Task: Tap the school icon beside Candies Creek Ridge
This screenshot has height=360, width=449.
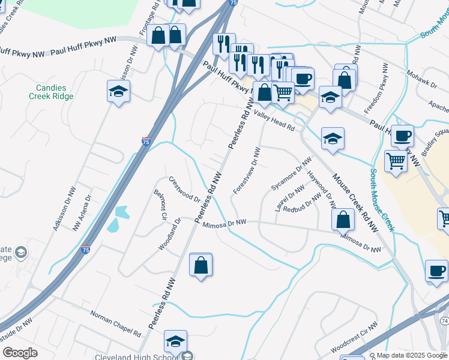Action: pos(119,92)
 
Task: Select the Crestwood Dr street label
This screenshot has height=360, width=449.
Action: pos(184,188)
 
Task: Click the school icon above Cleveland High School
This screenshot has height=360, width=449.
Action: pos(175,342)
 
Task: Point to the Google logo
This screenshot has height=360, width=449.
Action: pos(20,353)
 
